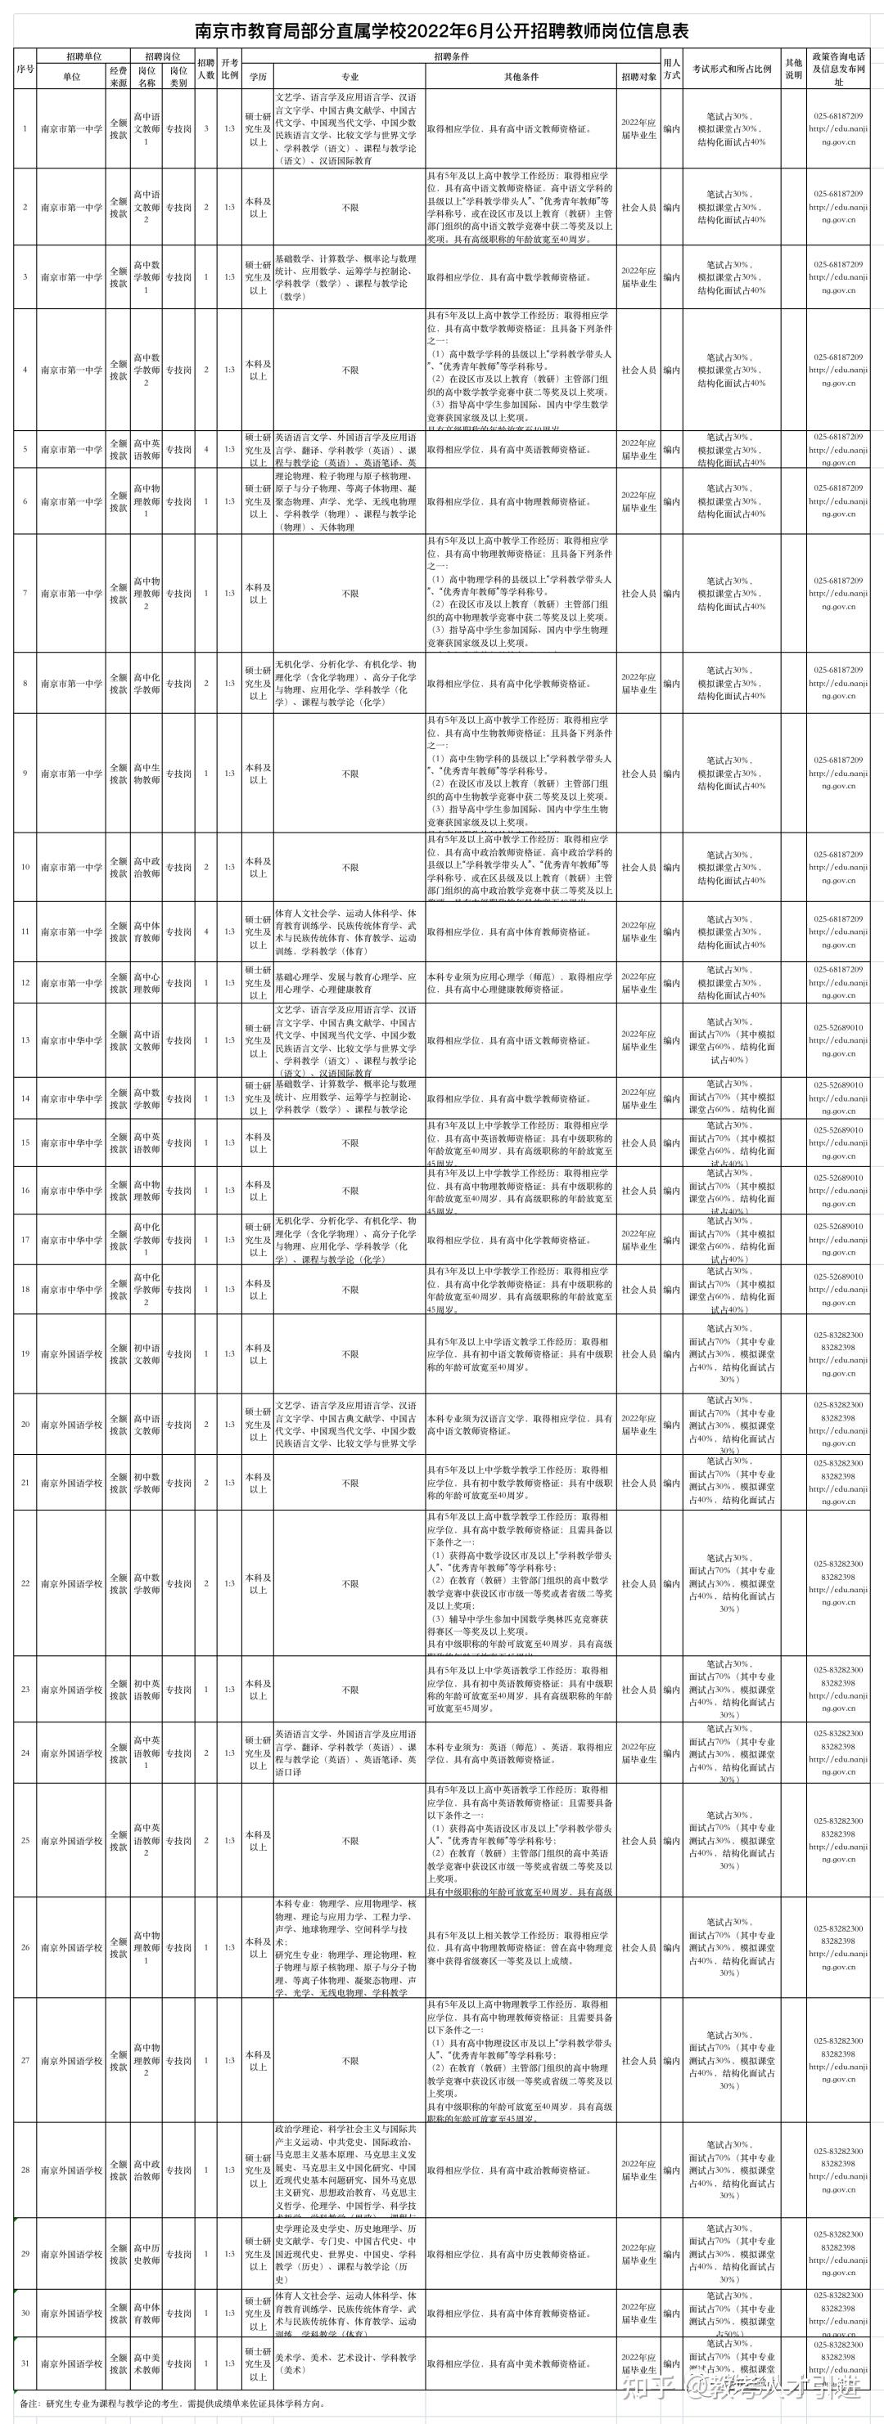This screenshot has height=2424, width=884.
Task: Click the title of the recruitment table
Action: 441,30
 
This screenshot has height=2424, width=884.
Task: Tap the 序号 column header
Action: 25,70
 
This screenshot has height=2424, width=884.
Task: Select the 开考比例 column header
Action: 230,70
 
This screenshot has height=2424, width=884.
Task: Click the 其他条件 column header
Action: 521,77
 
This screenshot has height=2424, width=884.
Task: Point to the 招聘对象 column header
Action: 639,77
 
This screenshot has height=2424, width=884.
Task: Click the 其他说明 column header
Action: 794,70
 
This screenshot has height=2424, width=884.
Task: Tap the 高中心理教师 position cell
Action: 146,983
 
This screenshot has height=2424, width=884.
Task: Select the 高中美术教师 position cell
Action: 146,2363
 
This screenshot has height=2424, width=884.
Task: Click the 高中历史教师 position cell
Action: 146,2254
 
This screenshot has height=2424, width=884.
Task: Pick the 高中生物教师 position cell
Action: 146,774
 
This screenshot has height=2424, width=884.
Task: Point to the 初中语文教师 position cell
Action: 146,1354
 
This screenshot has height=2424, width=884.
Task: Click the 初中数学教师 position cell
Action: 146,1483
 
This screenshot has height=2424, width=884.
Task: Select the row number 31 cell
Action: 25,2363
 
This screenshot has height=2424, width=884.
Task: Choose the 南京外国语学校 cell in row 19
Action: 71,1354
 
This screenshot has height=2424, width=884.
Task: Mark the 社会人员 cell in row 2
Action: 639,207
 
